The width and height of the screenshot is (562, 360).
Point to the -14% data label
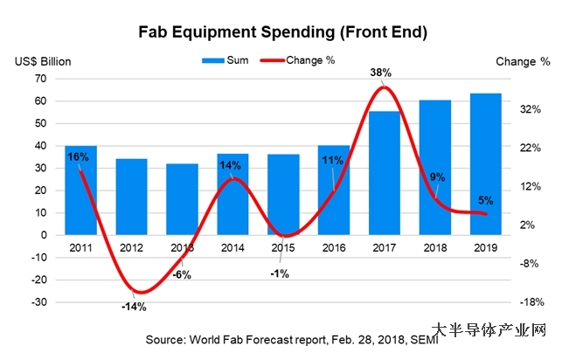(x=134, y=307)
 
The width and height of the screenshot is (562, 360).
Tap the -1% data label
(x=279, y=273)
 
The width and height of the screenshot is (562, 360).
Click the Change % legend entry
(x=308, y=60)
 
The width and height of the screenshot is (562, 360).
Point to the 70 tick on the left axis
(x=39, y=79)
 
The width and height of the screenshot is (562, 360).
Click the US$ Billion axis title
(x=43, y=61)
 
